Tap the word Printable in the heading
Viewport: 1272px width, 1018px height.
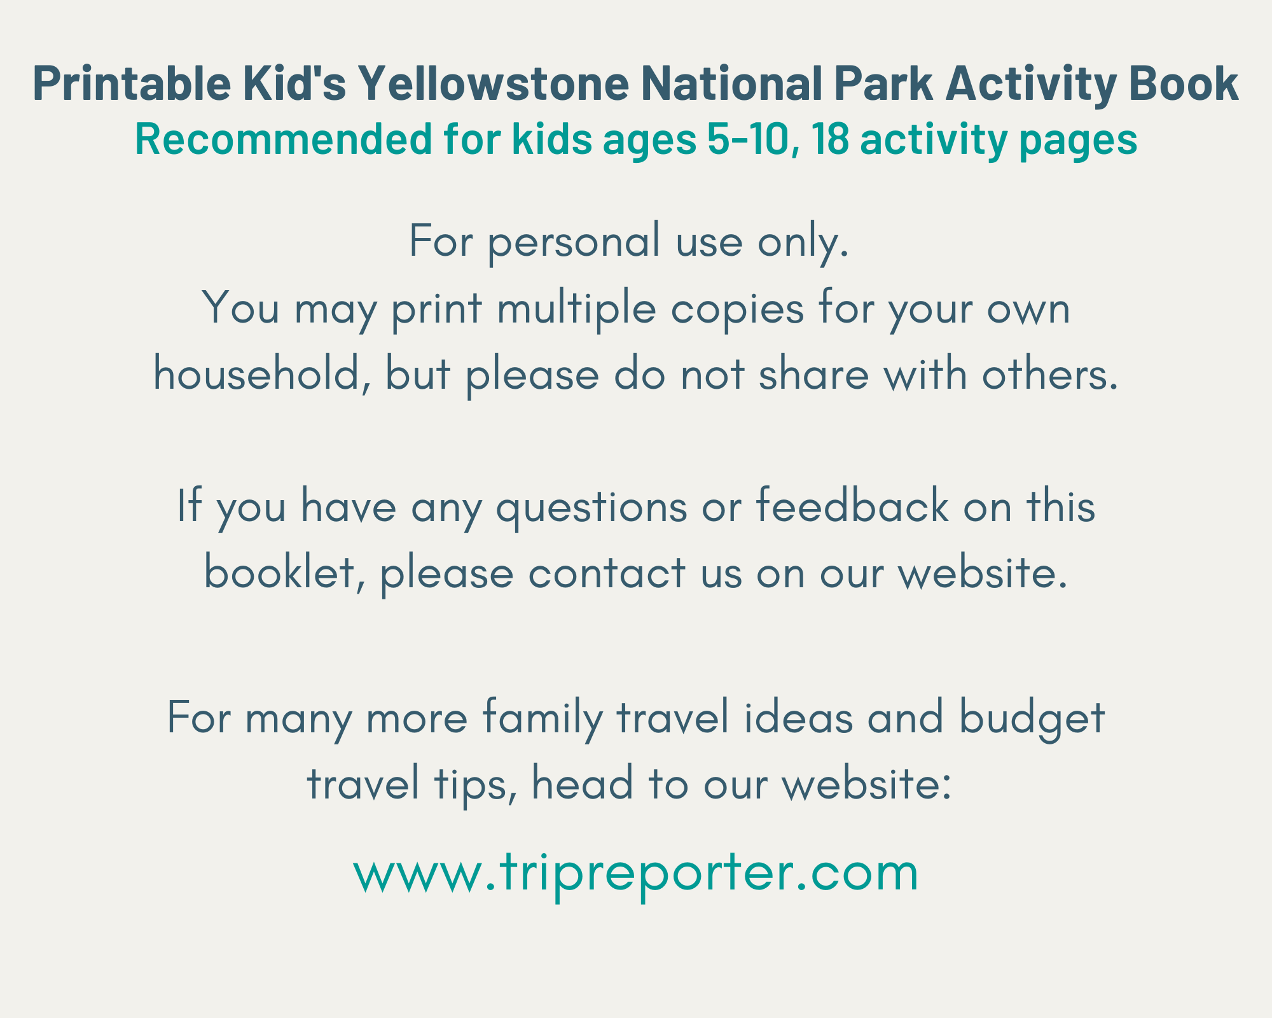pos(132,83)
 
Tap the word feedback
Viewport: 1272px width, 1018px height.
pos(852,506)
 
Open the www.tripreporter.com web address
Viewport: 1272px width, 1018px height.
pos(636,874)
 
